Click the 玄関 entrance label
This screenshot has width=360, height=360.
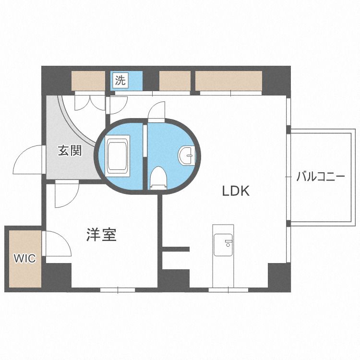click(70, 151)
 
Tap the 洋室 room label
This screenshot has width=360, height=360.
click(101, 234)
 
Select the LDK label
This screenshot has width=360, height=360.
click(236, 191)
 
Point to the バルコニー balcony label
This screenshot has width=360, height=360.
click(321, 177)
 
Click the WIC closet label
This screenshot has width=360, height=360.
click(25, 258)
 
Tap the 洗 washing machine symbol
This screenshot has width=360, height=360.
click(120, 80)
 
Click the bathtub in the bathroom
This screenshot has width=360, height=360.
click(118, 156)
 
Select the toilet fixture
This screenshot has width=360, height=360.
click(158, 178)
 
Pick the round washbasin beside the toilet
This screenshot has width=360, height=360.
click(186, 156)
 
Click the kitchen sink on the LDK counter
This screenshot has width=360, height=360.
click(223, 245)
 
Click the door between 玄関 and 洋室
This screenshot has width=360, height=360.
click(67, 193)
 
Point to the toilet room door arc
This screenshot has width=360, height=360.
click(156, 111)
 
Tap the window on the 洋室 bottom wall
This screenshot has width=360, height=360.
click(118, 290)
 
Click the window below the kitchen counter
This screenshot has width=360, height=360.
click(228, 290)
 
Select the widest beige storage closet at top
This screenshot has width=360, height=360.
click(228, 81)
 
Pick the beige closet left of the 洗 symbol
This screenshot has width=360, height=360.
click(88, 81)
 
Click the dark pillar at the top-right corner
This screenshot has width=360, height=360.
click(276, 81)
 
